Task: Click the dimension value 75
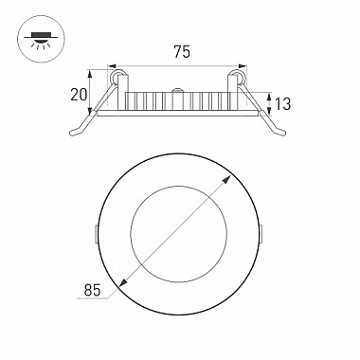(182, 52)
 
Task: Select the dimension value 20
(79, 95)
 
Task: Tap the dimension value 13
(282, 104)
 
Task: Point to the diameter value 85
(92, 290)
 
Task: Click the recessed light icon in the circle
(41, 40)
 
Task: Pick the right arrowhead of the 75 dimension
(242, 66)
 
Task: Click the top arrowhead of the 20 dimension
(90, 74)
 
